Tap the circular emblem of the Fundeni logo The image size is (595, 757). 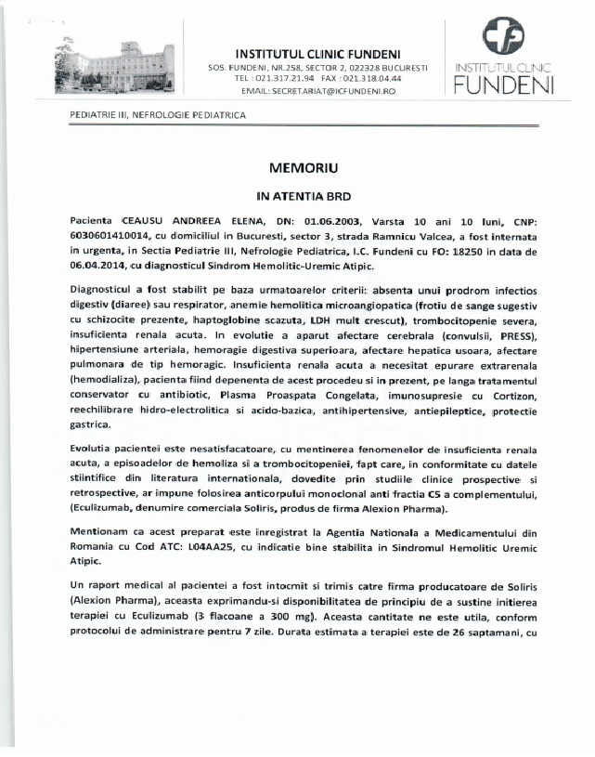coord(502,39)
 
